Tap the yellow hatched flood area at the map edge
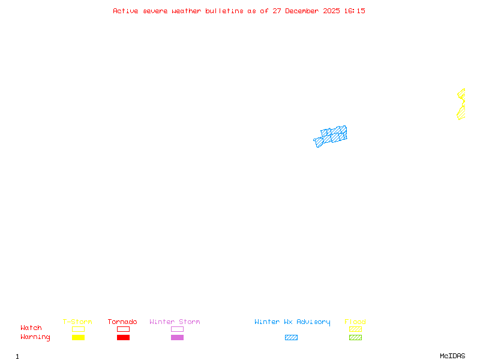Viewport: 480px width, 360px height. click(461, 104)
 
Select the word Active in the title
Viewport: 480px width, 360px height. click(126, 11)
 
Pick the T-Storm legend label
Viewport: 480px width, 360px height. click(77, 322)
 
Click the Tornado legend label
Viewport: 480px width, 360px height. click(122, 322)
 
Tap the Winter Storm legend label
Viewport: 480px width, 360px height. click(175, 322)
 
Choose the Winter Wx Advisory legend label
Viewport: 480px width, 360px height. click(292, 322)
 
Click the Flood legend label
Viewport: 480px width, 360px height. click(355, 322)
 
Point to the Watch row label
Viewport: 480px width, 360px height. click(31, 328)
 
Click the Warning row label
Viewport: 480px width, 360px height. click(35, 337)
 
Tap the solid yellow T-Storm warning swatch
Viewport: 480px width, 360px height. click(78, 338)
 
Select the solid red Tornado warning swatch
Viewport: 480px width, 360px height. click(123, 338)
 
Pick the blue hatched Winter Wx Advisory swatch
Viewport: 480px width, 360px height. click(291, 338)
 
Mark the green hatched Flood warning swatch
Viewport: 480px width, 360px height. click(355, 338)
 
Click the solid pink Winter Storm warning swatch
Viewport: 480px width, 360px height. click(177, 338)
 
